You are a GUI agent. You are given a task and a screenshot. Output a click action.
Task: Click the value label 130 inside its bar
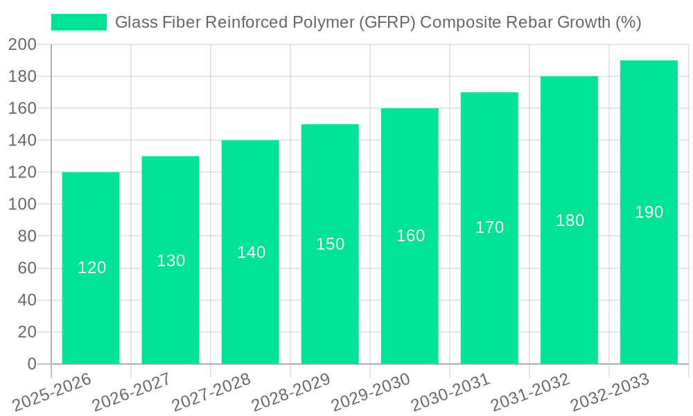click(170, 261)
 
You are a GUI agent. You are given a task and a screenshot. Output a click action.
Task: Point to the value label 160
click(410, 236)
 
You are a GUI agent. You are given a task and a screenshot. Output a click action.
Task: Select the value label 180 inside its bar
click(570, 220)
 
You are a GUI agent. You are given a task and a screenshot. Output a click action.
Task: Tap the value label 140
click(251, 252)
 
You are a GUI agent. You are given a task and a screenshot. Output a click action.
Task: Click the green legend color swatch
click(79, 22)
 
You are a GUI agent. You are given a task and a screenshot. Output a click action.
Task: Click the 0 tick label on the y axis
click(31, 364)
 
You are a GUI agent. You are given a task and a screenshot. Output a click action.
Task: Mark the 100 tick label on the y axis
click(22, 205)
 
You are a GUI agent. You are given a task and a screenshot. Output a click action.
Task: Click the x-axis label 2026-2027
click(130, 392)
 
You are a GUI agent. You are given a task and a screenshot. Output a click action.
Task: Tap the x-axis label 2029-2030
click(370, 392)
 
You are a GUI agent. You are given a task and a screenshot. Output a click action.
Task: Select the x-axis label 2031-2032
click(529, 392)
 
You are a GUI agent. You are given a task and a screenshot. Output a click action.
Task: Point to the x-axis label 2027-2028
click(211, 392)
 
